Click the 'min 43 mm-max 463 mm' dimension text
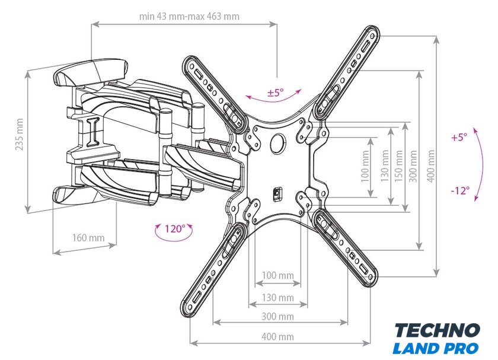coord(189,16)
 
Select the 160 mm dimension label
coord(88,238)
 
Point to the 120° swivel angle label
coord(175,228)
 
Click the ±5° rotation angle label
coord(276,93)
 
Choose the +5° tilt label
coord(459,137)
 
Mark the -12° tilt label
coord(459,190)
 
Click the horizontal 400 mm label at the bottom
coord(278,336)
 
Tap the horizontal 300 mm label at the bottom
coord(278,317)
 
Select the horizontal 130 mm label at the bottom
coord(278,297)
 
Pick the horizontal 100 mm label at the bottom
coord(278,275)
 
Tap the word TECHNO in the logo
coord(438,331)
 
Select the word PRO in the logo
coord(463,348)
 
